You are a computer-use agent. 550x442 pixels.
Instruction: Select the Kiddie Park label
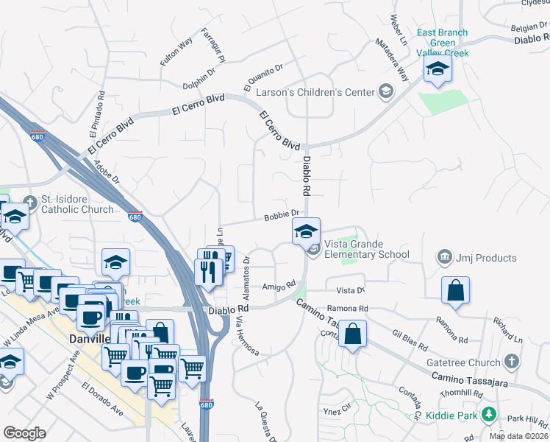[x=454, y=416]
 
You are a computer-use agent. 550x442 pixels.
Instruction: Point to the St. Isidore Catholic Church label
[x=78, y=204]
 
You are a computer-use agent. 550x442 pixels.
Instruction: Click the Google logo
[x=24, y=432]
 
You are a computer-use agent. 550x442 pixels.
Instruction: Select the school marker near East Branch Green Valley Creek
[x=438, y=70]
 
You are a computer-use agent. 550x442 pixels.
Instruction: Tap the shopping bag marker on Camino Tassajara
[x=354, y=334]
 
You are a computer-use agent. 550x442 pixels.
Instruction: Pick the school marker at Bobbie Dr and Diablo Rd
[x=306, y=231]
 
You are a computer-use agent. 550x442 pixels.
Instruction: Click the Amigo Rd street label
[x=279, y=285]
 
